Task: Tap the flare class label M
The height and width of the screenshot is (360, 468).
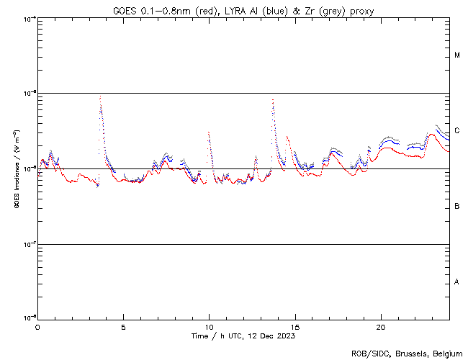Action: pyautogui.click(x=457, y=55)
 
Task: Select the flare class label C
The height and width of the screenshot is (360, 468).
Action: pyautogui.click(x=457, y=130)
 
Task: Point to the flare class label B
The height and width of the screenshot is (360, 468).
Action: pyautogui.click(x=457, y=207)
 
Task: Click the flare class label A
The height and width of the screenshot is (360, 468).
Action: pyautogui.click(x=457, y=282)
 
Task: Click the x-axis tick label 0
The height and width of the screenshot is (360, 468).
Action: pyautogui.click(x=37, y=327)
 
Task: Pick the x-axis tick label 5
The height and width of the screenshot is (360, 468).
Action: pyautogui.click(x=123, y=327)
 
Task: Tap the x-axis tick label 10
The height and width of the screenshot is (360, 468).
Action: pyautogui.click(x=209, y=327)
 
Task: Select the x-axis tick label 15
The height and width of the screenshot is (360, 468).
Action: pyautogui.click(x=294, y=327)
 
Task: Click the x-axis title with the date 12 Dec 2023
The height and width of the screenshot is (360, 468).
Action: pyautogui.click(x=243, y=336)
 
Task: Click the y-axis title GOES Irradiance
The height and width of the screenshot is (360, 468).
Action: pyautogui.click(x=16, y=168)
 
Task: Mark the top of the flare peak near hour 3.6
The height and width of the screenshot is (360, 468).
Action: pyautogui.click(x=100, y=96)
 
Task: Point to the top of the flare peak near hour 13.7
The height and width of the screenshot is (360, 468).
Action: pyautogui.click(x=273, y=99)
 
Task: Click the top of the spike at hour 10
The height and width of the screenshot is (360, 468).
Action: pyautogui.click(x=209, y=132)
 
